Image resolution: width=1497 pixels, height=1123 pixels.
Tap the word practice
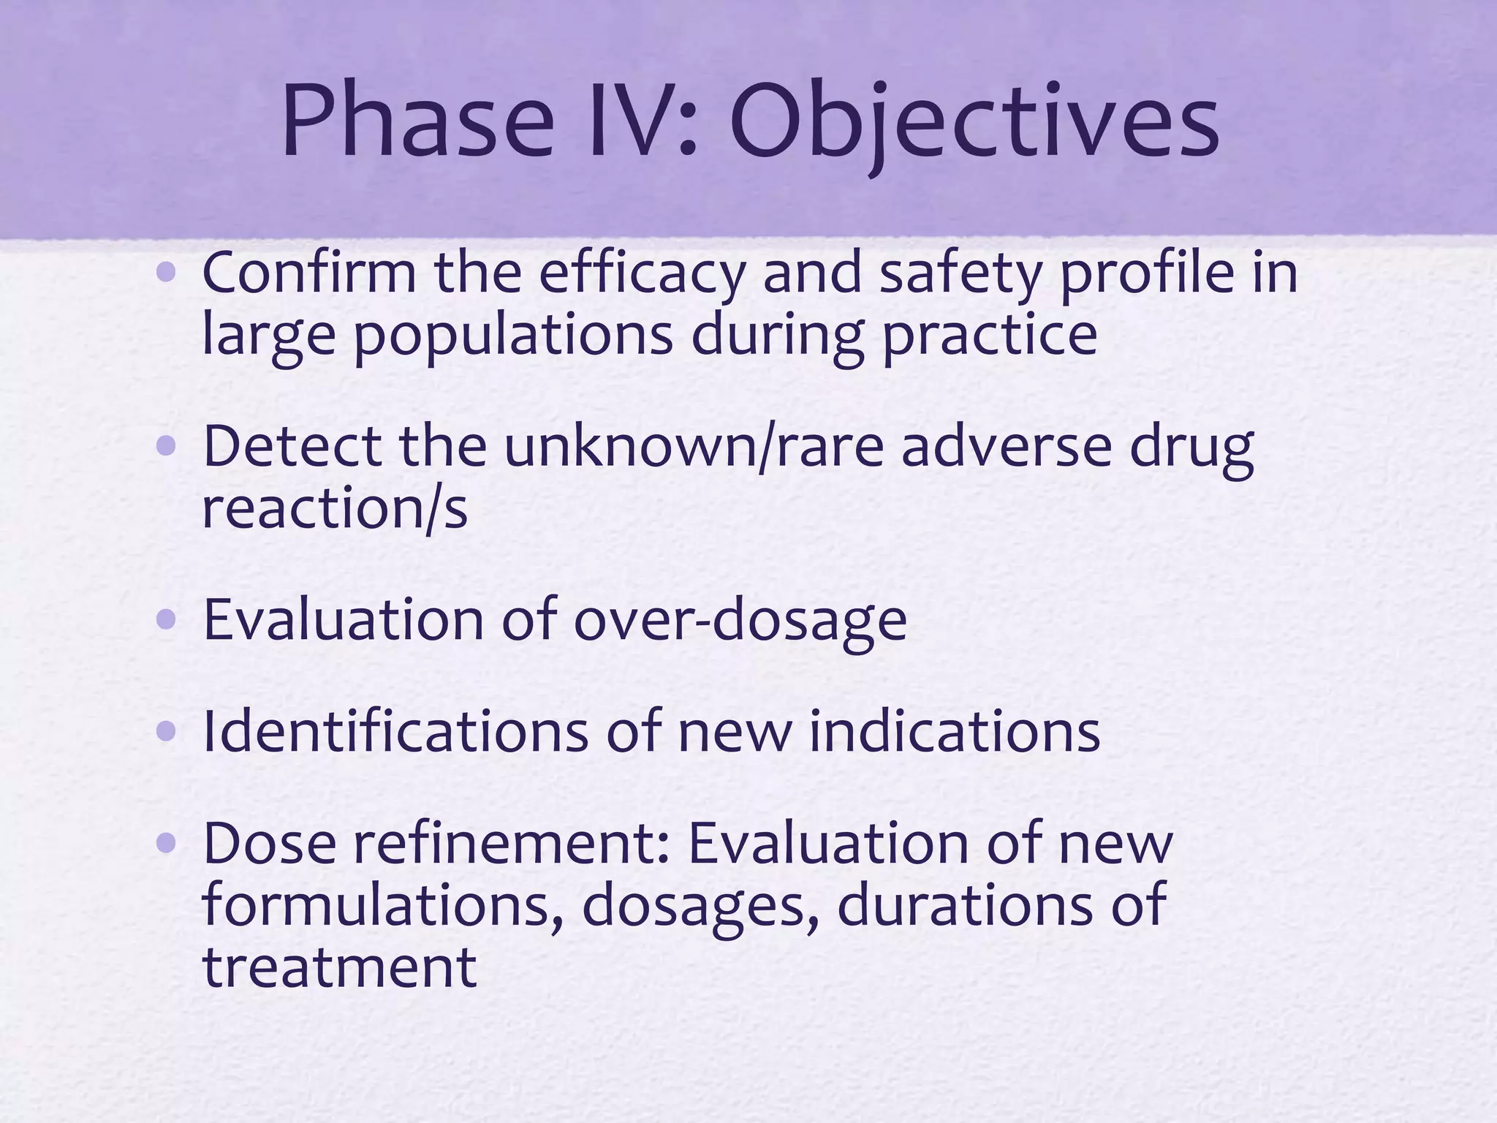990,335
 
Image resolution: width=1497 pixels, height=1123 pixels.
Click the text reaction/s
334,510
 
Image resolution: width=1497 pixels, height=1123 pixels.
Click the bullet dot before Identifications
167,732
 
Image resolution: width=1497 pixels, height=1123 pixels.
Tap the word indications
954,732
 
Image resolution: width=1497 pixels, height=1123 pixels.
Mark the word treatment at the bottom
339,967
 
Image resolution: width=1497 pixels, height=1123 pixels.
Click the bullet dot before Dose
167,844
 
